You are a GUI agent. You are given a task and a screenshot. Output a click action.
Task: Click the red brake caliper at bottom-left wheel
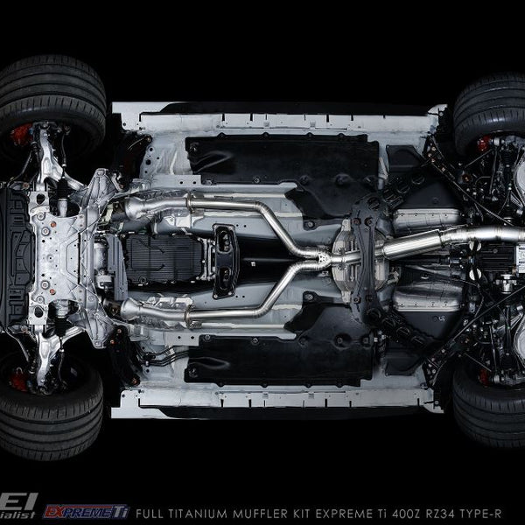(x=18, y=378)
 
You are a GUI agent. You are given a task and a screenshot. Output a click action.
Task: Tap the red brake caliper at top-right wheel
(x=484, y=143)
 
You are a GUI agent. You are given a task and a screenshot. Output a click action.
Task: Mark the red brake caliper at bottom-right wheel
(x=484, y=376)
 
